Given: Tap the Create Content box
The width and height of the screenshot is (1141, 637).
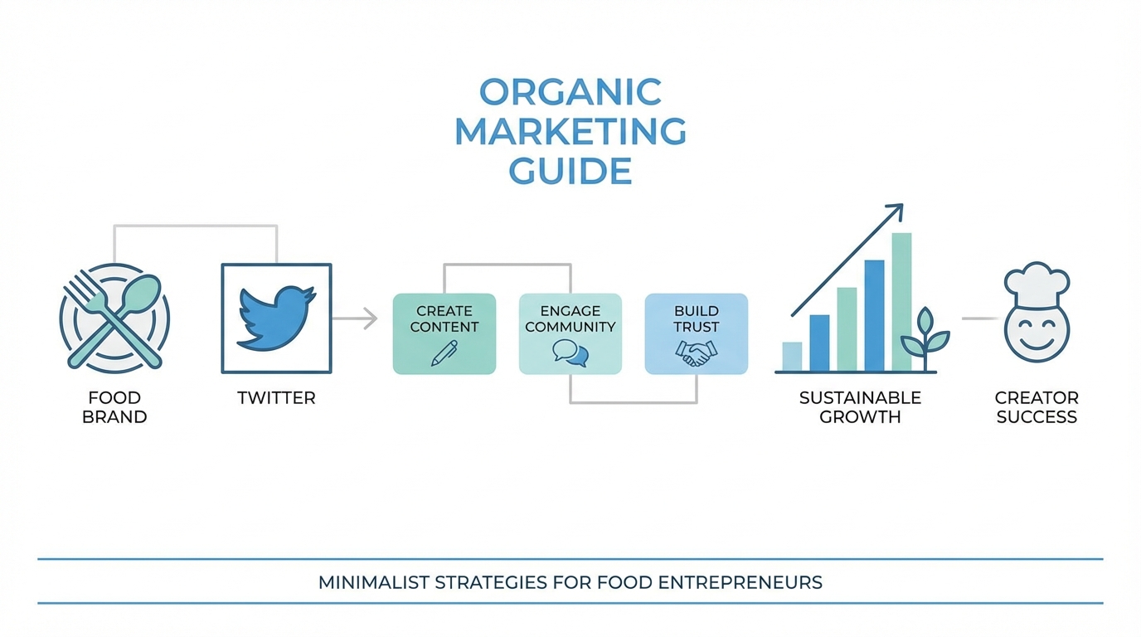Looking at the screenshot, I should point(444,333).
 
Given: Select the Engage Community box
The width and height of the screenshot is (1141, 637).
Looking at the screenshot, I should point(570,333).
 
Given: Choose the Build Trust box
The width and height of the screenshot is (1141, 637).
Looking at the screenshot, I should point(697,333).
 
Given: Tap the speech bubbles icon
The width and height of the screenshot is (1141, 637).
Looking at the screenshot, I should point(570,353).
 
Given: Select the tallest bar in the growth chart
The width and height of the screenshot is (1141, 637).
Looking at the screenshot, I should point(901,302).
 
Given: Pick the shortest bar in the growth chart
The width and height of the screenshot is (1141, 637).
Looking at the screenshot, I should point(792,357).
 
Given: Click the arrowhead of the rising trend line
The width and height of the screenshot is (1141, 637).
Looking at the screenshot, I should point(895,211).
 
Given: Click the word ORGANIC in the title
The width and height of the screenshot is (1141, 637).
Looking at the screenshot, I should point(570,92).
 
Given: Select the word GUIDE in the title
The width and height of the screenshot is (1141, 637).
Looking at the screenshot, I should point(570,172).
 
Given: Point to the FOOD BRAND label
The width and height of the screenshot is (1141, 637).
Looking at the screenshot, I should point(114,407).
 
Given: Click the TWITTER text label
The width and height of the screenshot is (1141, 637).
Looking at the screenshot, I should point(276,398).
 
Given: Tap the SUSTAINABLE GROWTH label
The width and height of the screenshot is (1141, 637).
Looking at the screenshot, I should point(860,407).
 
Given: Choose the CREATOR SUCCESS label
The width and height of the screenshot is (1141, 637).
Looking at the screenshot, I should point(1037,407).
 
